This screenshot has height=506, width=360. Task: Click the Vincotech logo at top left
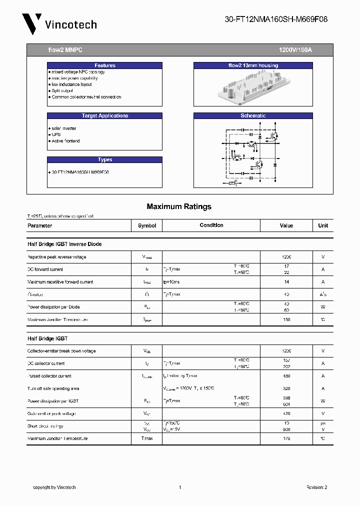(x=59, y=23)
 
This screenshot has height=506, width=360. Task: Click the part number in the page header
(x=276, y=19)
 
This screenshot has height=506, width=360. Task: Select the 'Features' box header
(x=104, y=65)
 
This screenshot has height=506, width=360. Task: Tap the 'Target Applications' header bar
(x=104, y=115)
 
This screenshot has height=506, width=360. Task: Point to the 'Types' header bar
(x=104, y=159)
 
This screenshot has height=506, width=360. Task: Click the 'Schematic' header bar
(x=253, y=115)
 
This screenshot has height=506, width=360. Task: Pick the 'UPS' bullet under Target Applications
(x=56, y=134)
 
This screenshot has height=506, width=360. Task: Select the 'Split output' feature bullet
(x=62, y=91)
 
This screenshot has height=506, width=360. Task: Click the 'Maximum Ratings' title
(x=179, y=206)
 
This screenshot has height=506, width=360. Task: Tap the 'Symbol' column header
(x=147, y=225)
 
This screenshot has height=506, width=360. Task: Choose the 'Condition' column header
(x=211, y=225)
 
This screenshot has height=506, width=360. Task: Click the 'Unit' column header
(x=323, y=225)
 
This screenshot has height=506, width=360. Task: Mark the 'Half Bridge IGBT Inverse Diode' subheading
(x=64, y=244)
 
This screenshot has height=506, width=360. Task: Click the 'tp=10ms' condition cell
(x=171, y=282)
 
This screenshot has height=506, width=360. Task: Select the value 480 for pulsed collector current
(x=286, y=376)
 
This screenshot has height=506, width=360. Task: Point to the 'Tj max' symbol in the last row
(x=146, y=438)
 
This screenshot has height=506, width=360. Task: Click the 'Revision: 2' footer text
(x=316, y=487)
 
